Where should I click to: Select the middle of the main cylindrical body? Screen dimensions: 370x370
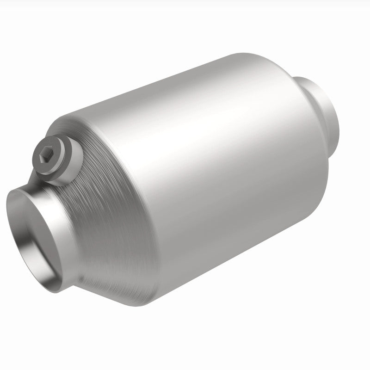tap(208, 185)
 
